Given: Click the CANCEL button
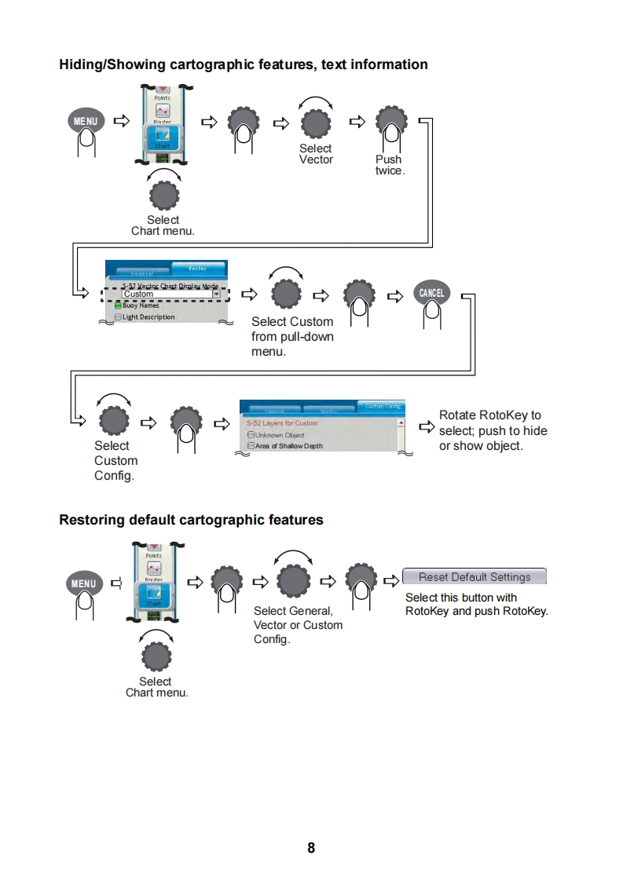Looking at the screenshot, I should (x=431, y=293).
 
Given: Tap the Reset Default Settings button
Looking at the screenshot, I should (x=474, y=577).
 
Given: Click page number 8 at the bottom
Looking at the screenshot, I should (x=311, y=847).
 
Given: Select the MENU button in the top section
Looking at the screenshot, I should (x=86, y=122).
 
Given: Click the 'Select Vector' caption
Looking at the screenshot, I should (x=316, y=154).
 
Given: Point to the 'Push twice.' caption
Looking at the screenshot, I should (x=389, y=165).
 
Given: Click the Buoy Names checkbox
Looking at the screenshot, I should (x=119, y=305).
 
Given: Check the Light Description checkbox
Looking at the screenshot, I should (x=119, y=317).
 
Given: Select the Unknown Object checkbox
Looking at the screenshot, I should (x=251, y=435).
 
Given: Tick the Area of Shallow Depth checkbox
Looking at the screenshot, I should (x=251, y=446).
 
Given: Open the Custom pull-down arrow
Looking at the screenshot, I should (x=217, y=294).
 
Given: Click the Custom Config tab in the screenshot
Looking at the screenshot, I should (x=382, y=406).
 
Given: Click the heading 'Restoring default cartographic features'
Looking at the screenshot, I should (x=191, y=520).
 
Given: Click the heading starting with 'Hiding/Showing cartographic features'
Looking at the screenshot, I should (x=244, y=64).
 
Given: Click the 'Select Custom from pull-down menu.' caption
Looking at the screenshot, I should (x=292, y=337).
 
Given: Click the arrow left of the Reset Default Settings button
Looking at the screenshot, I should (x=391, y=581).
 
